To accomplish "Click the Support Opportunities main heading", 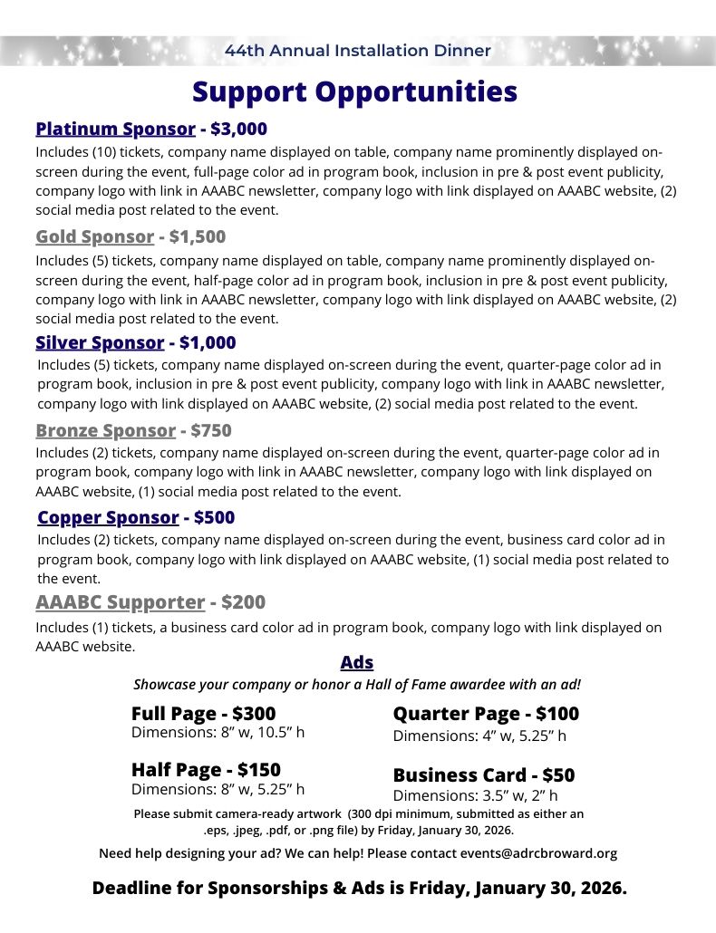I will [x=354, y=92].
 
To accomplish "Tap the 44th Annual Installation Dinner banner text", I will [x=358, y=51].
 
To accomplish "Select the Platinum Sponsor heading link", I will [x=115, y=129].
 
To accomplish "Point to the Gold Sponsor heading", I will [x=94, y=237].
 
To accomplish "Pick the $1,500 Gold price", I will [x=197, y=237].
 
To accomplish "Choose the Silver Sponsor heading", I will [x=100, y=342].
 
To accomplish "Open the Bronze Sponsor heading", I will [x=105, y=430].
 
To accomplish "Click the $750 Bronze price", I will [x=211, y=430].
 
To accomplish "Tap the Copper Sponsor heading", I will [x=108, y=517].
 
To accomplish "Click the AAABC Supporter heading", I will [x=121, y=602].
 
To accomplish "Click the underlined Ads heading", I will [x=357, y=663].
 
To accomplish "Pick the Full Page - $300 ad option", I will [x=203, y=714].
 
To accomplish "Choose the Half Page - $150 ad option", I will [x=206, y=770].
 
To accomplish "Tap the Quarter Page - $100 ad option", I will [x=486, y=714].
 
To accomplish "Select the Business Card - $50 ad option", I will [x=483, y=775].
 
